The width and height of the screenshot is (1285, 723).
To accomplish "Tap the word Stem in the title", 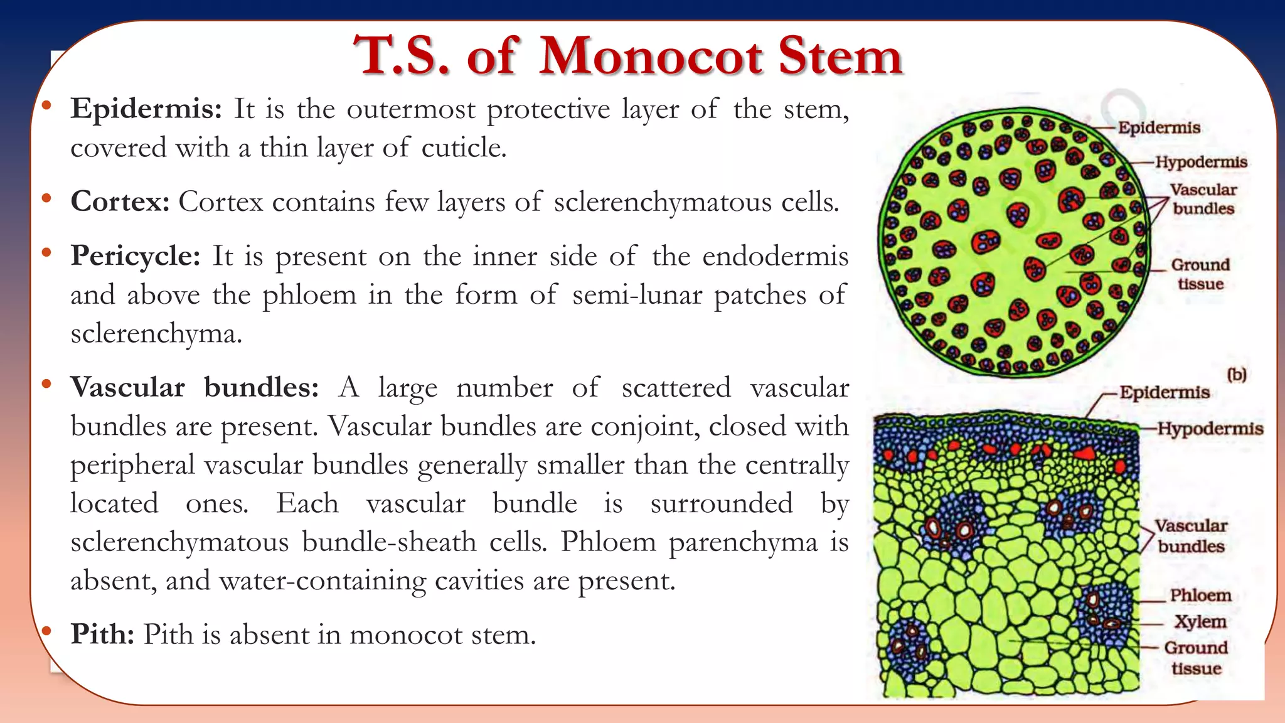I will (x=840, y=56).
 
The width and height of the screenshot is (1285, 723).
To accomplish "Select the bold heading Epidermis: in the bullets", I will (x=146, y=109).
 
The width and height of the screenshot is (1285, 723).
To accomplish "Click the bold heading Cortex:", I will (x=120, y=202).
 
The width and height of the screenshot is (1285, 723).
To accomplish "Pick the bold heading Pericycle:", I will (x=136, y=256).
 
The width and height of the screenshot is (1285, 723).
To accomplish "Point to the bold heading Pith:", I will (x=102, y=635).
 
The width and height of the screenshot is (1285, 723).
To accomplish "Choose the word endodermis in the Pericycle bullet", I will (x=775, y=256).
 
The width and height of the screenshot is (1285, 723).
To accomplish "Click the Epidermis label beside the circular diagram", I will (x=1159, y=127).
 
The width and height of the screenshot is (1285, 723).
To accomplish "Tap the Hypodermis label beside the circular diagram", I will (x=1201, y=162).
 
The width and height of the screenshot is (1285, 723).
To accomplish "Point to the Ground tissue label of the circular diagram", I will (x=1200, y=274).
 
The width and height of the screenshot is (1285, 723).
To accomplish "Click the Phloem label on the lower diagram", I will (x=1200, y=595).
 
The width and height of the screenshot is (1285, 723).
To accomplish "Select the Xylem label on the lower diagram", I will (x=1200, y=621).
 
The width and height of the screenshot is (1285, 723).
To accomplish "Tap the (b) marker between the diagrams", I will (x=1237, y=375).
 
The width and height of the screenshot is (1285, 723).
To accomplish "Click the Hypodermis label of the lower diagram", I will (x=1210, y=429).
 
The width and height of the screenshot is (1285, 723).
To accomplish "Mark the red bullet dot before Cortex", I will (x=46, y=200).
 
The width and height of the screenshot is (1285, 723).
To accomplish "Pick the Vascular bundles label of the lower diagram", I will (x=1191, y=535).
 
